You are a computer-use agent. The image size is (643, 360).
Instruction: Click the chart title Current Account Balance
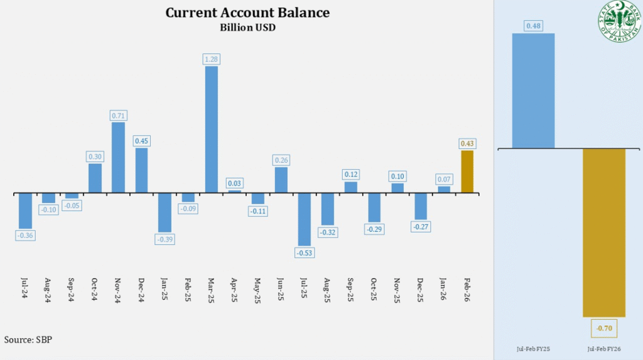tap(247, 13)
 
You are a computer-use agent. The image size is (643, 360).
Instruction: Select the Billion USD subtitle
tap(247, 27)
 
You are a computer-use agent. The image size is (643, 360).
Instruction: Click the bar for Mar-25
tap(211, 129)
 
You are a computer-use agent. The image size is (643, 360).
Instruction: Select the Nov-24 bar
tap(118, 157)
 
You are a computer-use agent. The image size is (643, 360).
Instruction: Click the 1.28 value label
tap(211, 59)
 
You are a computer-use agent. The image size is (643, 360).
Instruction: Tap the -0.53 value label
tap(304, 253)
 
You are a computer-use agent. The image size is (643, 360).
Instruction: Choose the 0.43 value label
tap(467, 144)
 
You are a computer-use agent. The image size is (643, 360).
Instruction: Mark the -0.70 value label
tap(603, 327)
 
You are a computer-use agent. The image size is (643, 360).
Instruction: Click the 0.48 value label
tap(533, 26)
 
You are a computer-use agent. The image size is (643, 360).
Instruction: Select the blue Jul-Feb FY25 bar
tap(533, 90)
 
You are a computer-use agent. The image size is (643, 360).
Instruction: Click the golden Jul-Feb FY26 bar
tap(603, 232)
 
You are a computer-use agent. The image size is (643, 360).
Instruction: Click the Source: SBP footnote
tap(28, 339)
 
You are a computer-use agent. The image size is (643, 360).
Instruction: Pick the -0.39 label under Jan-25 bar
tap(165, 239)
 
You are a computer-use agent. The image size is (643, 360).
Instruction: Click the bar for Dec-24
tap(141, 170)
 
